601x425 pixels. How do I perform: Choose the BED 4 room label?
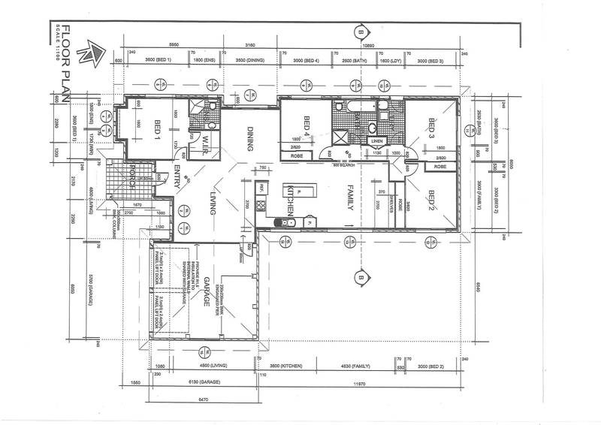(307, 125)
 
